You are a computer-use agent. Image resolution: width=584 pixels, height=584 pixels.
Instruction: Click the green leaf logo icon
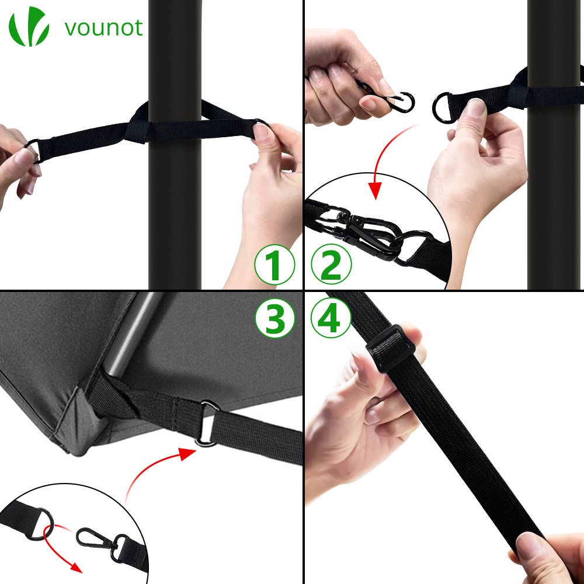[29, 26]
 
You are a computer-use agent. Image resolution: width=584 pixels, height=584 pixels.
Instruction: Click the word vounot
[103, 28]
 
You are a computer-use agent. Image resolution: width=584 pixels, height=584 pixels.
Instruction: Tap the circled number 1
[275, 265]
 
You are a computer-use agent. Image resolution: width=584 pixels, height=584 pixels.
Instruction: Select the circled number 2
[331, 264]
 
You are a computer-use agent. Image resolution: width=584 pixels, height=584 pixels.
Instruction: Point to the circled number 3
[275, 318]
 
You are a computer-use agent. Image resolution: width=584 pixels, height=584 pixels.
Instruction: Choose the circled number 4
[331, 318]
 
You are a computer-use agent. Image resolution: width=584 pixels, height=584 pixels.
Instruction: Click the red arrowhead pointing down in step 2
[375, 190]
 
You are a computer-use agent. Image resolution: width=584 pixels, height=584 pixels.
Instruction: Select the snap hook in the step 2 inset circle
[373, 235]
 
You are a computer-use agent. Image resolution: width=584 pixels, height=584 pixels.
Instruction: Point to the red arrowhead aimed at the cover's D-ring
[187, 454]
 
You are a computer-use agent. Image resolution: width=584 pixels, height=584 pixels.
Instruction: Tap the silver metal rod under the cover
[131, 333]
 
